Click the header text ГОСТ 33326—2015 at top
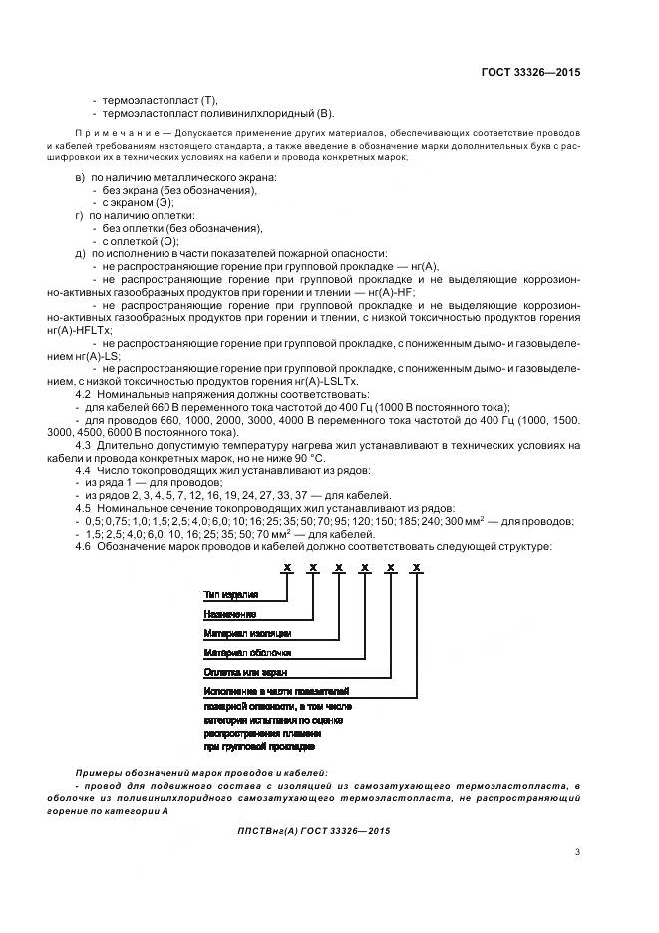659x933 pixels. tap(531, 72)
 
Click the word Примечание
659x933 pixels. tap(107, 133)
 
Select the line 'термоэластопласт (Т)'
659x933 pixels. tap(159, 100)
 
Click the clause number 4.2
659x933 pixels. tap(84, 394)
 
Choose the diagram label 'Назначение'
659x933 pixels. tap(229, 614)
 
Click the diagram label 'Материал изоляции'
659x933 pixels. tap(247, 633)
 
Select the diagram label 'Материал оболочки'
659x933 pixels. tap(247, 652)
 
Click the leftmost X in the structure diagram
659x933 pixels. tap(286, 567)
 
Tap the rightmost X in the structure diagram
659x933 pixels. tap(416, 567)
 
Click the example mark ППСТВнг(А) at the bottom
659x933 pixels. tap(275, 829)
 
